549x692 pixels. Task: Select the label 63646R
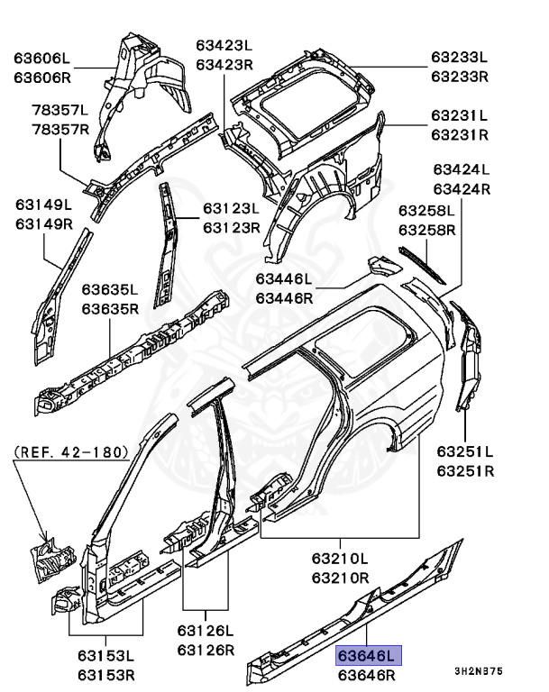pos(368,674)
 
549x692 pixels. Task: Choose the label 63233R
pos(459,77)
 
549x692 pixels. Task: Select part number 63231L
pos(459,116)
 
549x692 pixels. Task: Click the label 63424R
pos(462,189)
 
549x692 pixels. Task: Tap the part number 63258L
pos(428,211)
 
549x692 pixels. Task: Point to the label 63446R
pos(284,298)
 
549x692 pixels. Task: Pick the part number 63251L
pos(465,451)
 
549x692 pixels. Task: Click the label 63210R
pos(341,577)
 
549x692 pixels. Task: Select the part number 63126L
pos(205,632)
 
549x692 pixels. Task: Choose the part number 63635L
pos(110,291)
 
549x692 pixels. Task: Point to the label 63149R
pos(44,222)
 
